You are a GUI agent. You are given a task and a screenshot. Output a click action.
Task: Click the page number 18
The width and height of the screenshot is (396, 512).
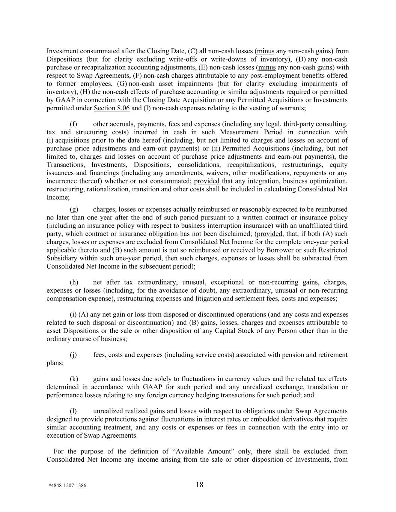199,485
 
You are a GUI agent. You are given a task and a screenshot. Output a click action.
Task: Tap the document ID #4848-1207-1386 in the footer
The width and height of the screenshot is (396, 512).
67,485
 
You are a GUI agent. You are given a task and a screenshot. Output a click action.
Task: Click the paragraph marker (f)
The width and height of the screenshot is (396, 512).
74,124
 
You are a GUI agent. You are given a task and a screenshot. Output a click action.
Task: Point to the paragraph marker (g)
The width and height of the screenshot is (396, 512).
74,209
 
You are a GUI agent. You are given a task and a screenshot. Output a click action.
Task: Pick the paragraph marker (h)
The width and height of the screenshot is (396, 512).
74,282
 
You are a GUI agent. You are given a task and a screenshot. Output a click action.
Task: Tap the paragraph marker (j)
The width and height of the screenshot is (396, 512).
74,355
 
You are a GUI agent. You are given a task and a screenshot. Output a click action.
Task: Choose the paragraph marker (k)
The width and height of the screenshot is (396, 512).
74,379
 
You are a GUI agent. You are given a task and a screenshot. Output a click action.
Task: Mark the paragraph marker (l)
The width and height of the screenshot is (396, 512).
74,411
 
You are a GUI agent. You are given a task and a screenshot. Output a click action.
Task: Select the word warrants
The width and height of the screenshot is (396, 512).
293,108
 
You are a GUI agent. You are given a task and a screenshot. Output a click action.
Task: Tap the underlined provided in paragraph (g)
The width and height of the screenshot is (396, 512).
269,234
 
